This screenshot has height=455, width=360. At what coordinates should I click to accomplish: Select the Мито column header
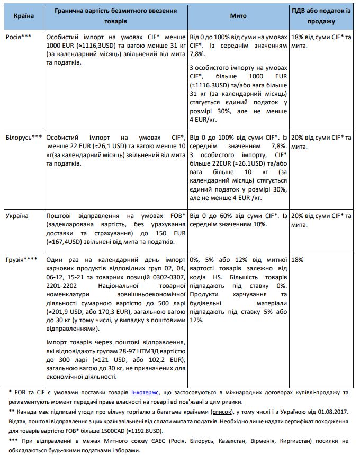click(x=238, y=16)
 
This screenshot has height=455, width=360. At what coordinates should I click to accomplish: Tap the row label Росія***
click(x=20, y=38)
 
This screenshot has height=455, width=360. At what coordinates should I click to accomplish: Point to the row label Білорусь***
click(x=24, y=136)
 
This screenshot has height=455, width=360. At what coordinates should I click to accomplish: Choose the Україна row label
click(x=18, y=216)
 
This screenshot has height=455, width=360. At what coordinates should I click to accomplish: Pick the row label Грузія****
click(x=22, y=260)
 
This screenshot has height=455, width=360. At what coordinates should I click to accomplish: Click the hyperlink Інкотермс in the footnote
click(x=144, y=393)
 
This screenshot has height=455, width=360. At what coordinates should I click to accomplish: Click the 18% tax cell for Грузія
click(x=298, y=260)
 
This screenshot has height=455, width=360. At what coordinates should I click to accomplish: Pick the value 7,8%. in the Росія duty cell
click(x=197, y=54)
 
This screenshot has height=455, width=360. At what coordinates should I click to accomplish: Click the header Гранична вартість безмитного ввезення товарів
click(x=116, y=16)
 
